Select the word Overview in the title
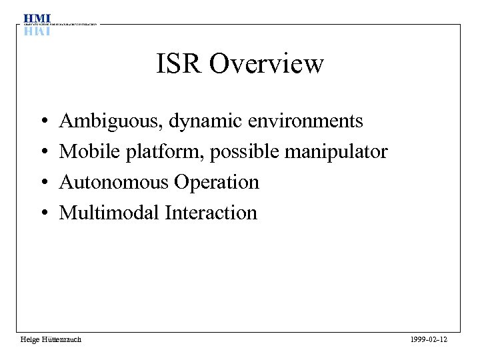[x=266, y=64]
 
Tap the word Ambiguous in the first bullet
[x=111, y=121]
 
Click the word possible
[x=245, y=152]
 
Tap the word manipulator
[x=336, y=152]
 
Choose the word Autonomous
[x=114, y=182]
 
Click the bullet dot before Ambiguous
[x=43, y=122]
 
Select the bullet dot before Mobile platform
[x=43, y=153]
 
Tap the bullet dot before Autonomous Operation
[x=43, y=183]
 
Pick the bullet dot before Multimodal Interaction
[x=43, y=213]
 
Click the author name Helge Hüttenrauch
[x=51, y=340]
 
